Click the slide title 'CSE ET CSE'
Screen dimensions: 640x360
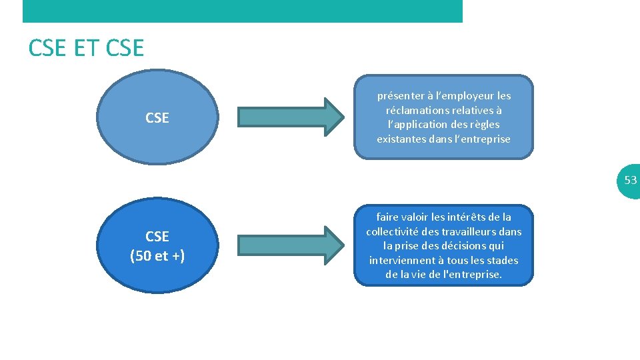(86, 48)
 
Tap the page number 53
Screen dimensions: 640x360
(630, 180)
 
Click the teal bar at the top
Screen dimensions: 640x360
(242, 11)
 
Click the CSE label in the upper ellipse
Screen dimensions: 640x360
(157, 118)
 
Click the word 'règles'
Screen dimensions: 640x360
(484, 125)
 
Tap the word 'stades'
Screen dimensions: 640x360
(503, 260)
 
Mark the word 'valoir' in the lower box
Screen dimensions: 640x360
(416, 217)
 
